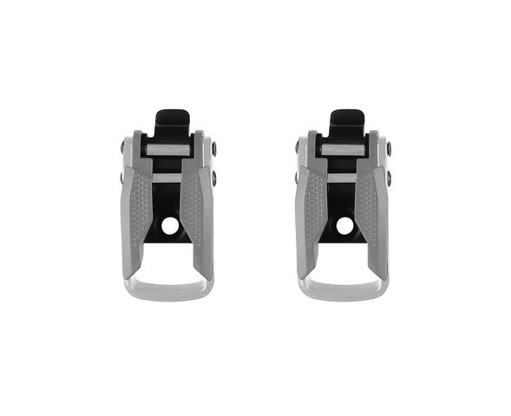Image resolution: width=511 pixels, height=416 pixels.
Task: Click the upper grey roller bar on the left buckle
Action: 168,150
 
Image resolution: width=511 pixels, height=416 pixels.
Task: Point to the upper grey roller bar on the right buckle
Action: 344,150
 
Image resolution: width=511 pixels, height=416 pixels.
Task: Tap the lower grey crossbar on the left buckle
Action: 168,178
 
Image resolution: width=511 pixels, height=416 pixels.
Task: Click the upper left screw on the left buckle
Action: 121,148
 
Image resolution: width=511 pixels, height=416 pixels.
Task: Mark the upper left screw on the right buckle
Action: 298,148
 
